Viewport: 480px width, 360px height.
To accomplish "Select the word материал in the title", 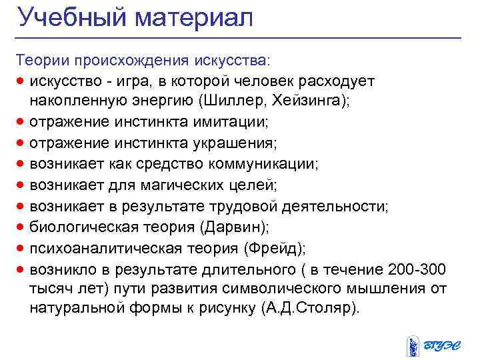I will tap(194, 19).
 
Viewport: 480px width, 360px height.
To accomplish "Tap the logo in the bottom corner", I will tap(434, 341).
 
